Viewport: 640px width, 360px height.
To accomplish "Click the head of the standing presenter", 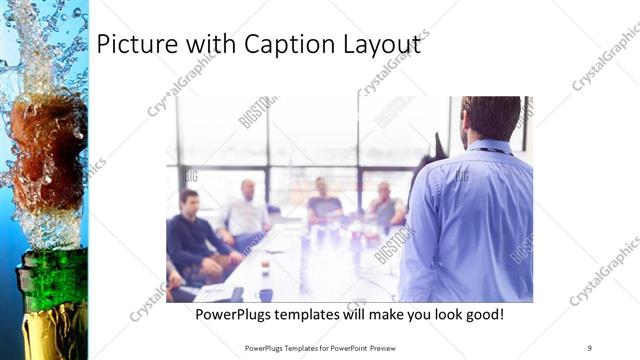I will click(x=491, y=118).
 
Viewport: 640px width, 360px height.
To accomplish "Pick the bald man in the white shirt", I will click(x=246, y=210).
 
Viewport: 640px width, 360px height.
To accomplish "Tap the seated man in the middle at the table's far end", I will click(x=323, y=200).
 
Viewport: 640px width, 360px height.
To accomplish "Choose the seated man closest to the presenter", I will click(x=386, y=206).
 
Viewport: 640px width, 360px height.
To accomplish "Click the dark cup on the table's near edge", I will click(x=265, y=294).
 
